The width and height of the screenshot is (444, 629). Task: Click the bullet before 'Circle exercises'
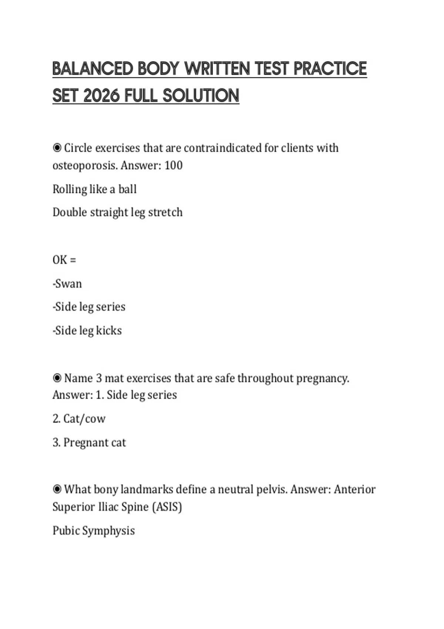pyautogui.click(x=57, y=148)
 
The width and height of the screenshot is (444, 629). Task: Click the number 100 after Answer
pyautogui.click(x=174, y=165)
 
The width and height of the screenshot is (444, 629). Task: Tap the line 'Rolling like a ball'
pyautogui.click(x=94, y=189)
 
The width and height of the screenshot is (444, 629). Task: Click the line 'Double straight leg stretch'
pyautogui.click(x=117, y=212)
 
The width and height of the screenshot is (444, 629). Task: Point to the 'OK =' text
pyautogui.click(x=64, y=260)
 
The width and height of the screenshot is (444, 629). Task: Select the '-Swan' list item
pyautogui.click(x=67, y=284)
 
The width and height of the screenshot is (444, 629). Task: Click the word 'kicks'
pyautogui.click(x=109, y=330)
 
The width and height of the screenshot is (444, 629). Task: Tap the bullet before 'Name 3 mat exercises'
pyautogui.click(x=57, y=378)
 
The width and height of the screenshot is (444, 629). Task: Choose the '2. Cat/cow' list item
pyautogui.click(x=79, y=419)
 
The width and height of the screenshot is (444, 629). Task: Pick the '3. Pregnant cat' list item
pyautogui.click(x=89, y=443)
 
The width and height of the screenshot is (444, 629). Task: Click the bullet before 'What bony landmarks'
pyautogui.click(x=57, y=490)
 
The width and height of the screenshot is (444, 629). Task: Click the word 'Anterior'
pyautogui.click(x=354, y=490)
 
